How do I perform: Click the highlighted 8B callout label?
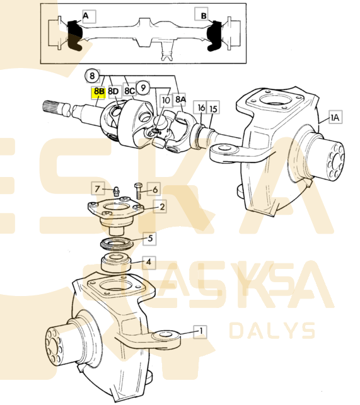[99, 91]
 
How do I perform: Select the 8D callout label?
[113, 91]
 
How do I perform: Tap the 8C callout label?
[129, 91]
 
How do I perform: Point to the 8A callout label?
[181, 99]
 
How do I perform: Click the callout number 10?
[165, 100]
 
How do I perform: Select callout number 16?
[201, 108]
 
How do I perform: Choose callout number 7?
[98, 188]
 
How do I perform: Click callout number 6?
[154, 188]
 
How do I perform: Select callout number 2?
[162, 206]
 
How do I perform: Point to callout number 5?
[151, 238]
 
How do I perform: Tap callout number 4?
[148, 261]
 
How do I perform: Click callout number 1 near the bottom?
[201, 330]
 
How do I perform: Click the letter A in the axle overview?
[86, 14]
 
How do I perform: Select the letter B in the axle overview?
[204, 14]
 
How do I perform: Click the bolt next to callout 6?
[139, 190]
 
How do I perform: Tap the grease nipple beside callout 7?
[116, 191]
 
